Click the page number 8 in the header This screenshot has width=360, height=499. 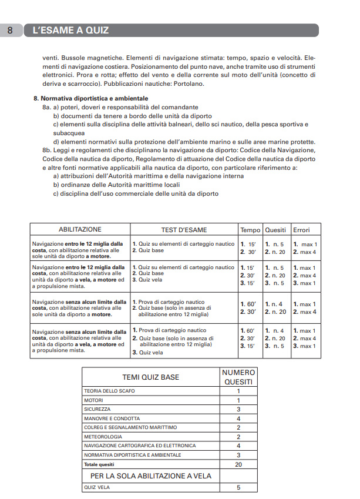tap(11, 30)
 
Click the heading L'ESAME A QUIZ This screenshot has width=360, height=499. tap(70, 30)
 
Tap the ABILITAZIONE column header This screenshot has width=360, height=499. tap(80, 230)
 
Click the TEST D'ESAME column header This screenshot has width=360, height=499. tap(184, 230)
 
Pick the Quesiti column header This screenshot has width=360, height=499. tap(276, 230)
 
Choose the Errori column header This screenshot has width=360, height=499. tap(301, 230)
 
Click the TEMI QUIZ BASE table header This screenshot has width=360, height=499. tap(150, 377)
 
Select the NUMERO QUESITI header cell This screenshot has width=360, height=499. tap(238, 377)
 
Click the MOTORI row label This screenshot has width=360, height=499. tap(94, 400)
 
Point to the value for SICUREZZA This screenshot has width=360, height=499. tap(238, 409)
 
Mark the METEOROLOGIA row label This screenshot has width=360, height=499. tap(103, 437)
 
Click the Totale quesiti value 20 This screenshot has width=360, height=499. tap(238, 464)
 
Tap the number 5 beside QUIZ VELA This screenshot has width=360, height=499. tap(238, 487)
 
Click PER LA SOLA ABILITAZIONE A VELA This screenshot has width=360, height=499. tap(150, 475)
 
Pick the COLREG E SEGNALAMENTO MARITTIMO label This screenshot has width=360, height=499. tap(130, 427)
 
